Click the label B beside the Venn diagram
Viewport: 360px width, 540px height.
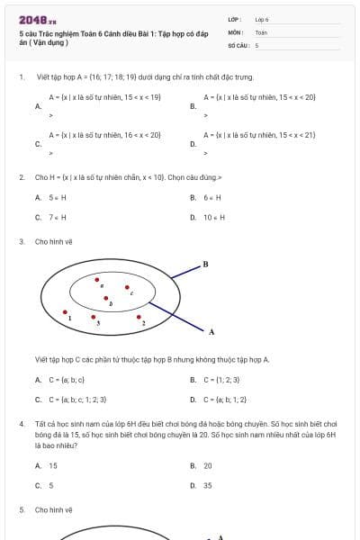205,265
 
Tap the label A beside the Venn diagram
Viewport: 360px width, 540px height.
211,331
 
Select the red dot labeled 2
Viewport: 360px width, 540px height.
140,314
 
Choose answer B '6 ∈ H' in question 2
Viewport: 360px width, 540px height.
212,197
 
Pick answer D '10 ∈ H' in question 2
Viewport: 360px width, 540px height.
214,217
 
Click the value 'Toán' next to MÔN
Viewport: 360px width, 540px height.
261,31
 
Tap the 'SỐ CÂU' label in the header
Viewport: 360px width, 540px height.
238,44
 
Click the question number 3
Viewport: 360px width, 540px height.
21,241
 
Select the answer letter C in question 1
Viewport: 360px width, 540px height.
38,143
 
